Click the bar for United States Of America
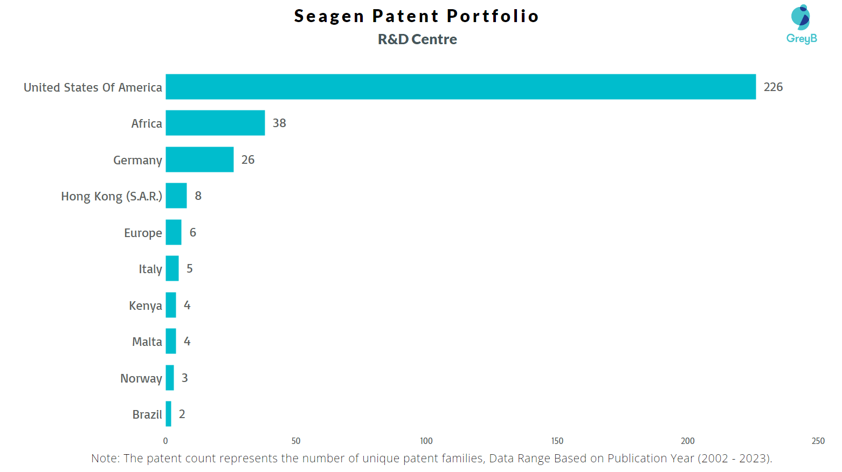460,87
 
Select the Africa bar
215,123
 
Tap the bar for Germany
199,159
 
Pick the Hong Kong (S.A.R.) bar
176,196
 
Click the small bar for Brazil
169,414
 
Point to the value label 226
773,87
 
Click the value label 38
279,123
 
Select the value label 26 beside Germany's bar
248,160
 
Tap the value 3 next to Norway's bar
185,378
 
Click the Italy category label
150,269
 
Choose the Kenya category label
145,306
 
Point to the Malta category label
147,342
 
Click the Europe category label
143,233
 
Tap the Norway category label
141,378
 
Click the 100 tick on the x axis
426,441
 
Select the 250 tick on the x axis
818,441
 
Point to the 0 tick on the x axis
165,441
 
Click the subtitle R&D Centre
417,39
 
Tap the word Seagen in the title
329,16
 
